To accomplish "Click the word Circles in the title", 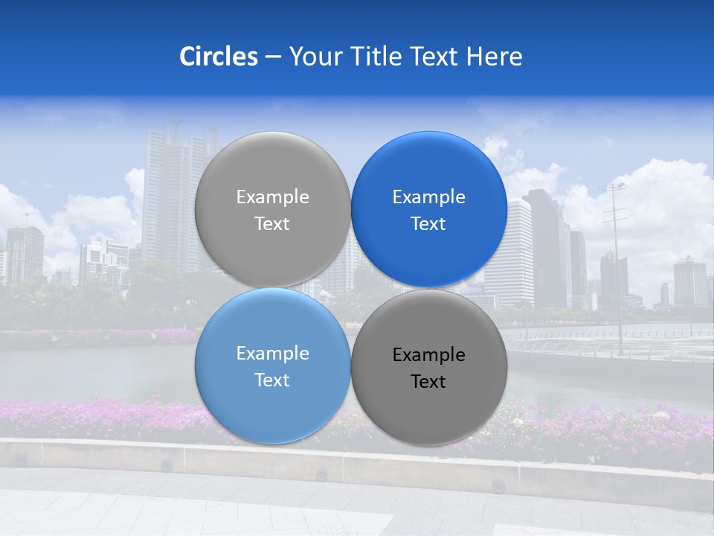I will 219,57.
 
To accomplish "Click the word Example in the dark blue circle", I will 429,197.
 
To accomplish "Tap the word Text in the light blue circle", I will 272,380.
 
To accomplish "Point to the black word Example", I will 429,355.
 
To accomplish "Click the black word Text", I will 429,382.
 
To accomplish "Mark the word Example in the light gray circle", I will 272,197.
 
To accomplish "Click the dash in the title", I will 272,57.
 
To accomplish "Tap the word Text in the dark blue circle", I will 429,224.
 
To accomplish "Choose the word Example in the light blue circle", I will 272,354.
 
